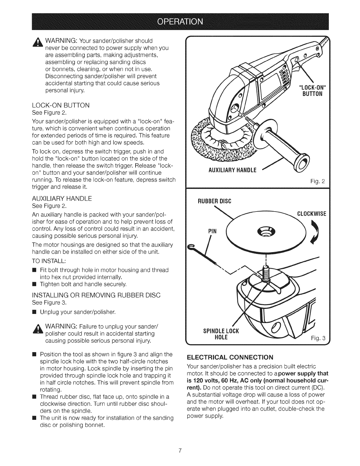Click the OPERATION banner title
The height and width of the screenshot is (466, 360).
coord(180,22)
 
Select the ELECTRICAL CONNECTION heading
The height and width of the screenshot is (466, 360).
coord(230,357)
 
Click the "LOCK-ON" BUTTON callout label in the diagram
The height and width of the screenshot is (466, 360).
coord(311,91)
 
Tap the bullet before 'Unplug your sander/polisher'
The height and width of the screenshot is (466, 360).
coord(34,311)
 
